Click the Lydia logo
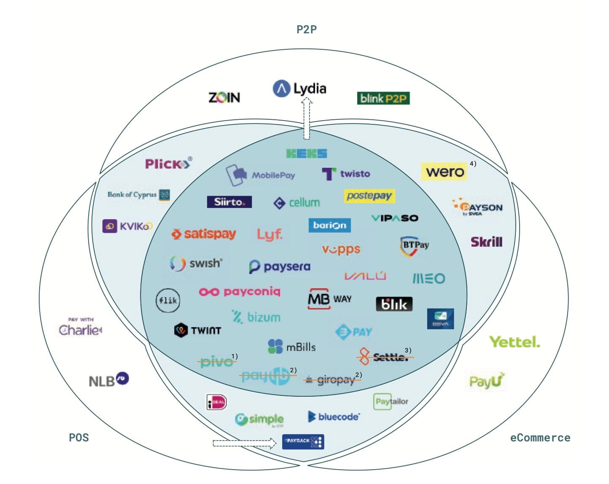[x=299, y=89]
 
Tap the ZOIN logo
[x=224, y=98]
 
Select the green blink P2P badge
[x=383, y=99]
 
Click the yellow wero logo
[x=444, y=172]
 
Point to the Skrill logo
[x=486, y=242]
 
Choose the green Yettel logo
[x=514, y=341]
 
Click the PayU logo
[x=487, y=381]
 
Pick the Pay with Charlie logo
[x=80, y=328]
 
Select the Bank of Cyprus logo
[x=138, y=195]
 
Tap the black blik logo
[x=394, y=304]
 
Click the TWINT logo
[x=197, y=330]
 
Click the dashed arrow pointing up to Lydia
[x=307, y=119]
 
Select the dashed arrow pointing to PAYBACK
[x=244, y=443]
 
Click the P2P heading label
[x=307, y=29]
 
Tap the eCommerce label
[x=540, y=438]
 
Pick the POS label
[x=79, y=437]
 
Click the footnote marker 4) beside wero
[x=473, y=164]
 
